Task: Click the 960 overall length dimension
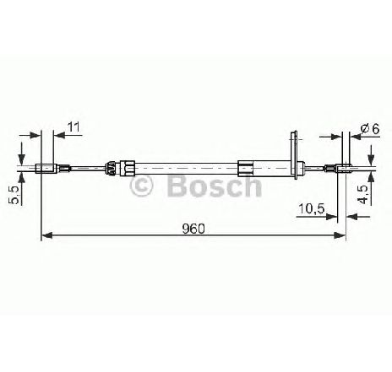(x=193, y=229)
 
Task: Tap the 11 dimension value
(x=73, y=127)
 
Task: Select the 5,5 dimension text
(x=14, y=195)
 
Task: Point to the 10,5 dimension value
(x=312, y=208)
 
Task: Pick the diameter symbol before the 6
(x=365, y=129)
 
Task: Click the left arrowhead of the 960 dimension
(x=47, y=235)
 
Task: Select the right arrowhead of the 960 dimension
(x=340, y=235)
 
